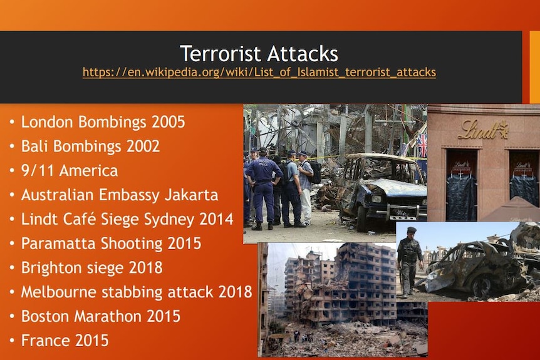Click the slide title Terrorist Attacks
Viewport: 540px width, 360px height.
259,53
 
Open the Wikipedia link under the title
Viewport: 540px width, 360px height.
259,72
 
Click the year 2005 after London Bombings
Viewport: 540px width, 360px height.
169,122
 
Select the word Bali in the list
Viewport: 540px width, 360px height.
34,146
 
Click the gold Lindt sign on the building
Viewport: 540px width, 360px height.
483,130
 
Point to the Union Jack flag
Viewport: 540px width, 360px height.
422,145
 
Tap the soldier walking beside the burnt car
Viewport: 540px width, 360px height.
409,262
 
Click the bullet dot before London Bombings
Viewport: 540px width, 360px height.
13,122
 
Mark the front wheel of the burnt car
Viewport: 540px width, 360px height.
482,285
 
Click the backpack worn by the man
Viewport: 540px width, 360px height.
314,172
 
